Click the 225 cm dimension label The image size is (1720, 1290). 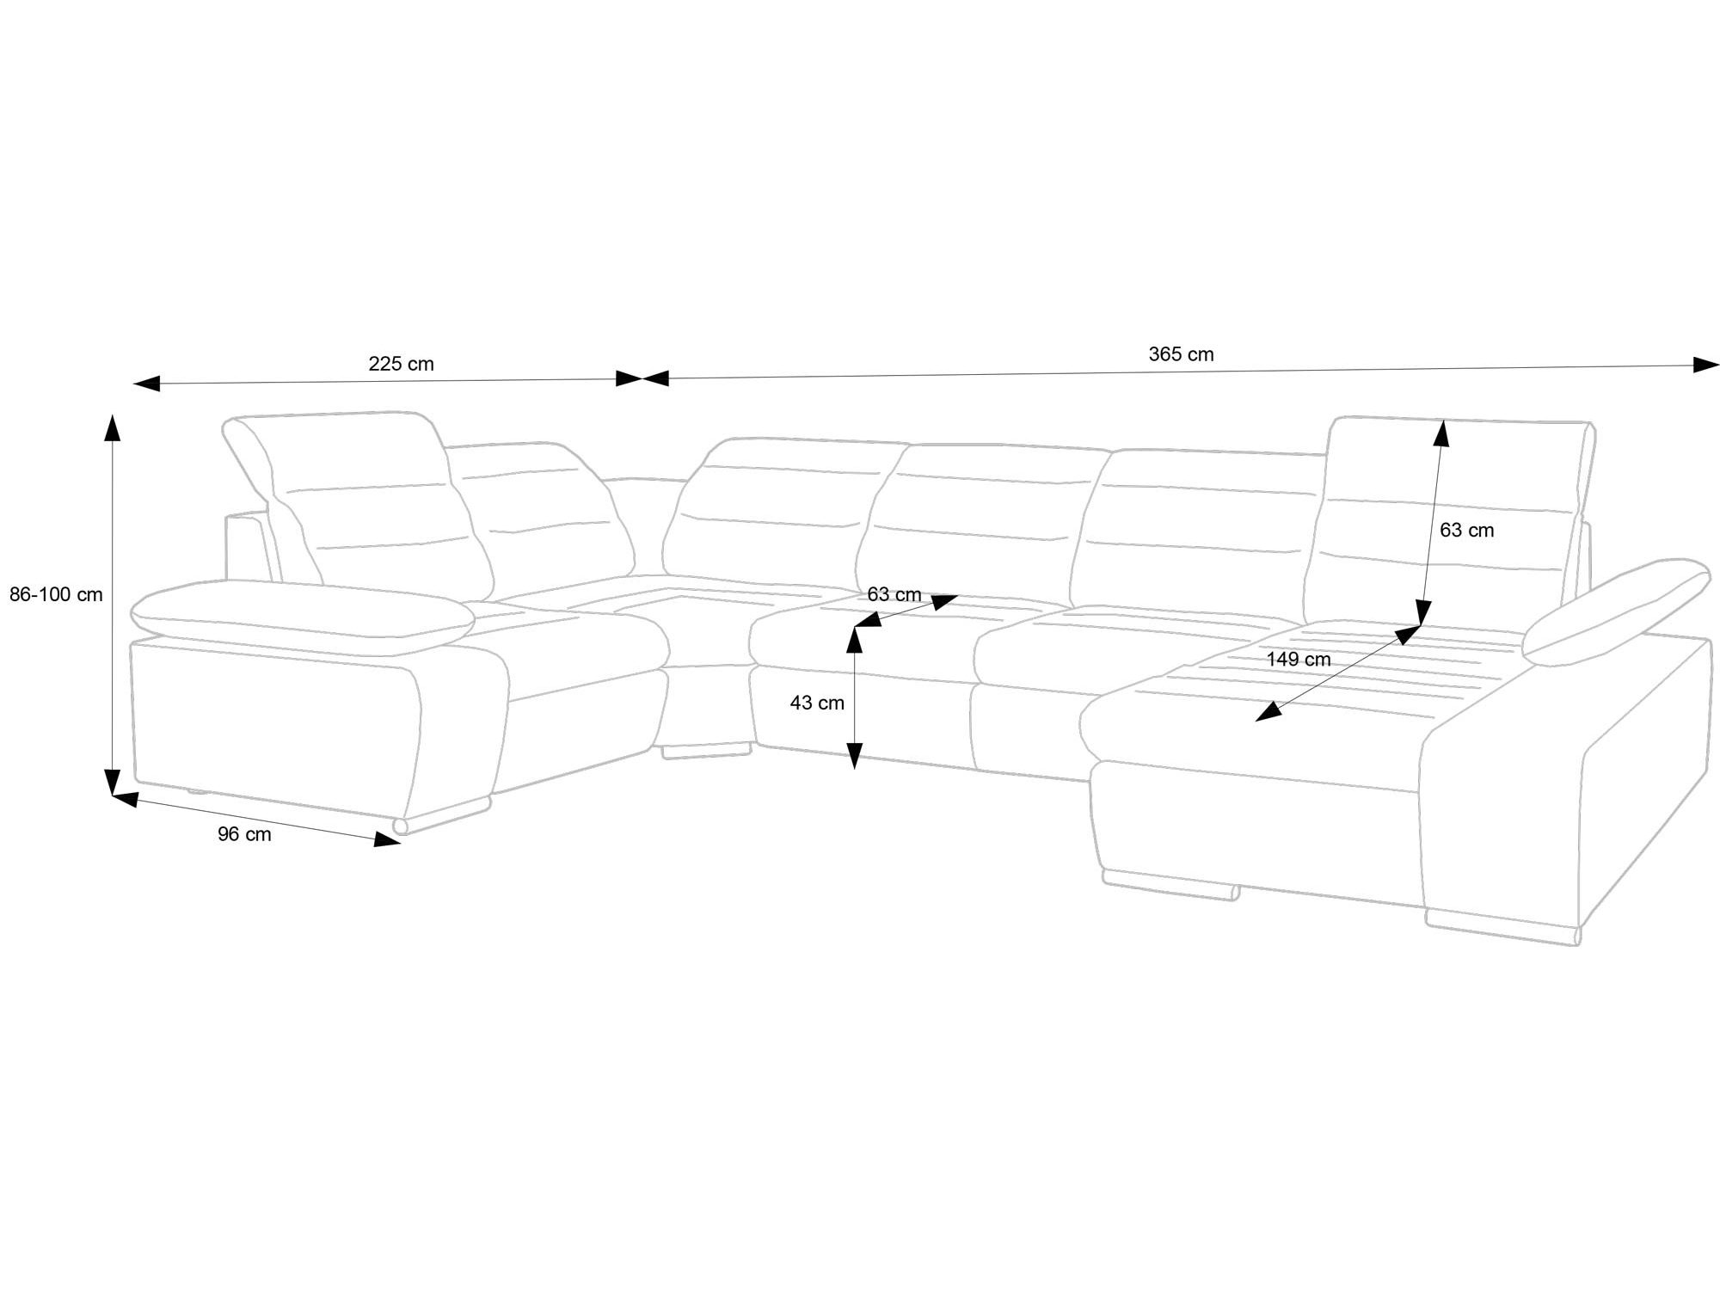coord(401,364)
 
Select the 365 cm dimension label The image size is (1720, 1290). coord(1181,354)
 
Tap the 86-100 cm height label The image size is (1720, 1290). coord(56,594)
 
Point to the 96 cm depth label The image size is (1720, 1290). coord(244,834)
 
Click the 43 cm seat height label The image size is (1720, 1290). coord(817,703)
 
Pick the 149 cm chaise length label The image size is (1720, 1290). coord(1298,660)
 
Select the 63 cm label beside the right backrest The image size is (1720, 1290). coord(1466,531)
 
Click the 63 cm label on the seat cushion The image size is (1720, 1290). coord(894,594)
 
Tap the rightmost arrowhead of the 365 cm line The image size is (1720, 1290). coord(1706,365)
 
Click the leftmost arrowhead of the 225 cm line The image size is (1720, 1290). coord(147,384)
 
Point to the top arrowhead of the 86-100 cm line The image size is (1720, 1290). coord(112,427)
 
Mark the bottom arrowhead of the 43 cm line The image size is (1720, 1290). coord(854,756)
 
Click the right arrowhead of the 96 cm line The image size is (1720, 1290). coord(388,840)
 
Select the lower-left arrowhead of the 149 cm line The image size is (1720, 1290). coord(1268,711)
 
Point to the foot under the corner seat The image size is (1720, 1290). coord(705,751)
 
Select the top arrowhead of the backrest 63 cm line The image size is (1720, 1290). coord(1441,433)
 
